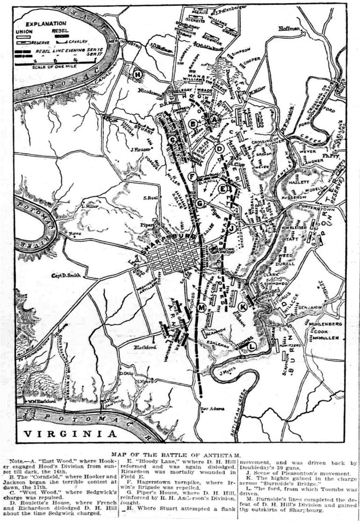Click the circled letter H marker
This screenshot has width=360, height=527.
[137, 74]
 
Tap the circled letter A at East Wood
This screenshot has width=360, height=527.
[214, 120]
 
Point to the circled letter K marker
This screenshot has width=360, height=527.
[242, 306]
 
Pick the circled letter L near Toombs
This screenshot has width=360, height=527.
[252, 346]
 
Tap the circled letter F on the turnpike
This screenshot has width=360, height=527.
[191, 176]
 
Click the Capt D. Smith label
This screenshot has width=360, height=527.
[66, 275]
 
